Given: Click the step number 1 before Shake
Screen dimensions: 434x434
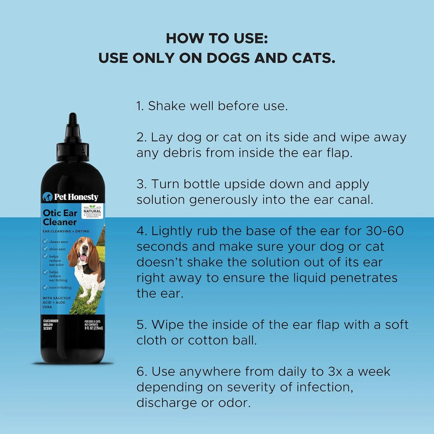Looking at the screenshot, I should pos(139,106).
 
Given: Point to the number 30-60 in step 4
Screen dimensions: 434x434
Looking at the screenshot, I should pos(385,231).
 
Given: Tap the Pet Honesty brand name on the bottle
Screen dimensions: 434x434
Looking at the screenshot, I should pos(76,197).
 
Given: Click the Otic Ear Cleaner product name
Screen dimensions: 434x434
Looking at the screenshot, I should pos(60,217).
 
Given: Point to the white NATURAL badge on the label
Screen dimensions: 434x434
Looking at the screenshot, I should pos(92,211).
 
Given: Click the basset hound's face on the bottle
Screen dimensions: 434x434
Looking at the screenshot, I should pos(84,251).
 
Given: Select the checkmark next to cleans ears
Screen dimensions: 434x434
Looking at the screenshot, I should pos(45,242).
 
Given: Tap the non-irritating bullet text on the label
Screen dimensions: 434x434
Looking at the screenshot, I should pos(60,287).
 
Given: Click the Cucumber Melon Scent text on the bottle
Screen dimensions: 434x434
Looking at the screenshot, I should pos(50,325).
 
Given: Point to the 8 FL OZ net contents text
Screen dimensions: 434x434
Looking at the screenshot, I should pos(93,328).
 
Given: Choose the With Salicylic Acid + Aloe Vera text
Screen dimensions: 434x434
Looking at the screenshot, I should pos(56,302).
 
